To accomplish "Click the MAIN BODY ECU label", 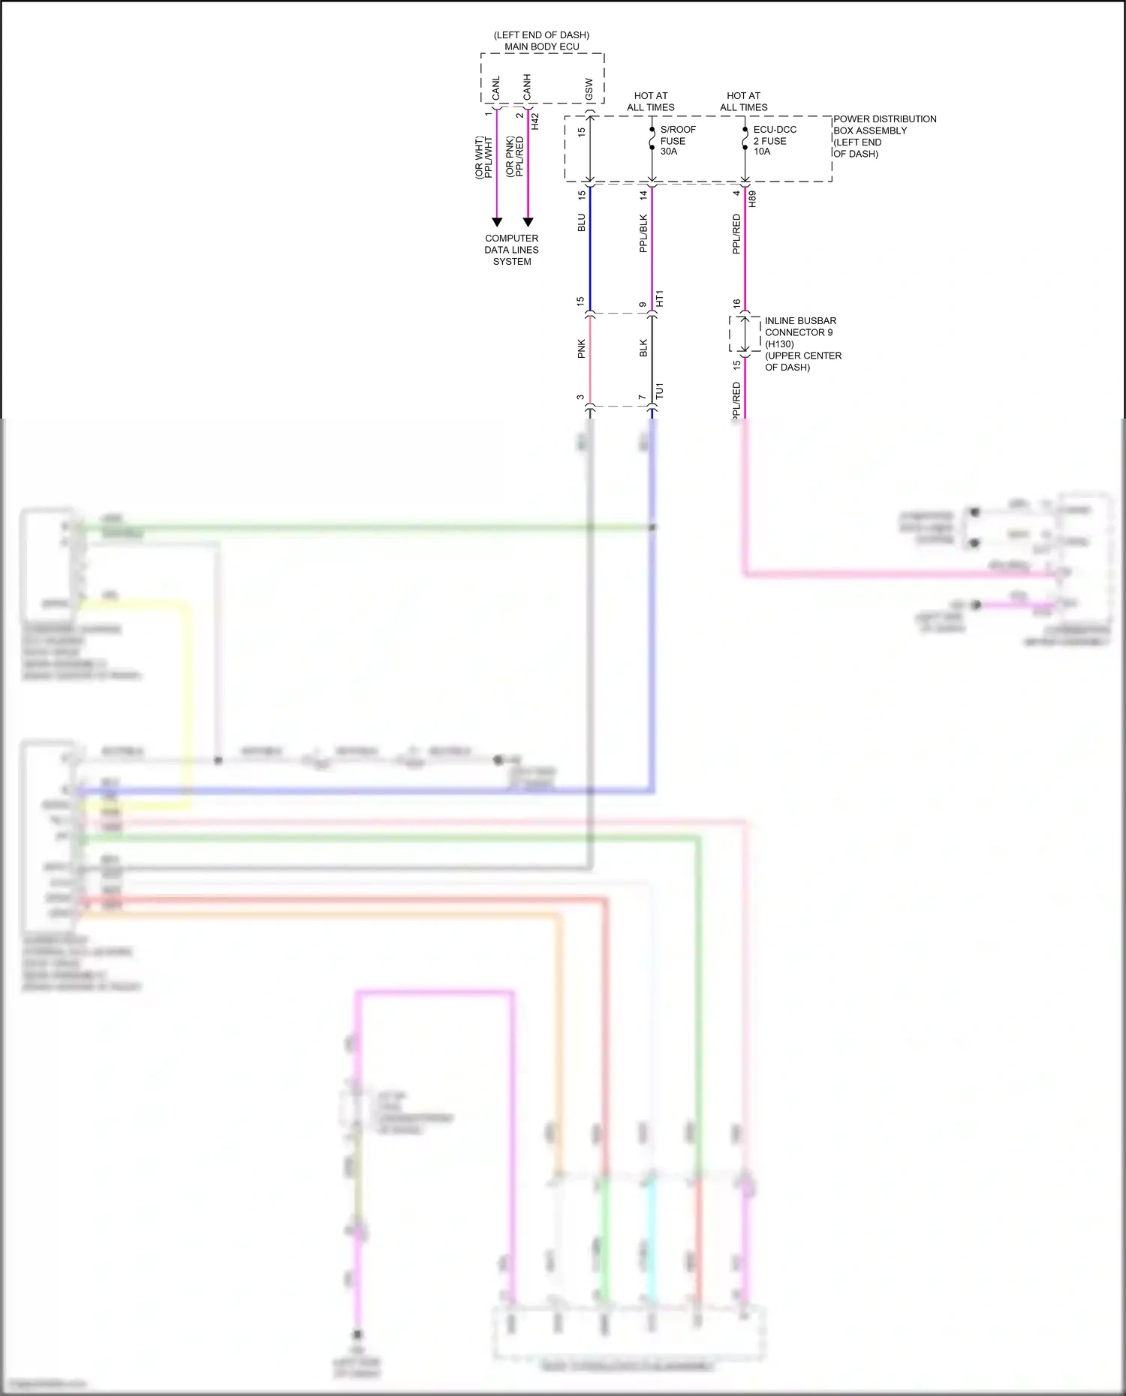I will coord(541,47).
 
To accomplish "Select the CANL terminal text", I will coord(496,88).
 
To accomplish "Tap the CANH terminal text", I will coord(527,87).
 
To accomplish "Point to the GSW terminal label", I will coord(589,89).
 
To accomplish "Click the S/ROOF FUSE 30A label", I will coord(677,140).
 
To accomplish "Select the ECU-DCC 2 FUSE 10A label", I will coord(774,140).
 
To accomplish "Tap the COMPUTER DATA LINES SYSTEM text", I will coord(511,250).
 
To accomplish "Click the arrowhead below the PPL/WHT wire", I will coord(497,222).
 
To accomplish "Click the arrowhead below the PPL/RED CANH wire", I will coord(528,222).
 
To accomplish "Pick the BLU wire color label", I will coord(581,223).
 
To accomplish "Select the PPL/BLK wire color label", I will coord(643,233).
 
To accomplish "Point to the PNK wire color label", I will coord(581,349).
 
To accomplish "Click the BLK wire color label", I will coord(643,348).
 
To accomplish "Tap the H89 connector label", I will coord(752,200).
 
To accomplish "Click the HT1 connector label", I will coord(660,299).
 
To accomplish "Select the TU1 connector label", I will coord(659,391).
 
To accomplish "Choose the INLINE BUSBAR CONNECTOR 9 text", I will coord(800,326).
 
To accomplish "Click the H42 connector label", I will coord(535,122).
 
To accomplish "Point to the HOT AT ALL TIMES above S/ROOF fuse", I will coord(651,101).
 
